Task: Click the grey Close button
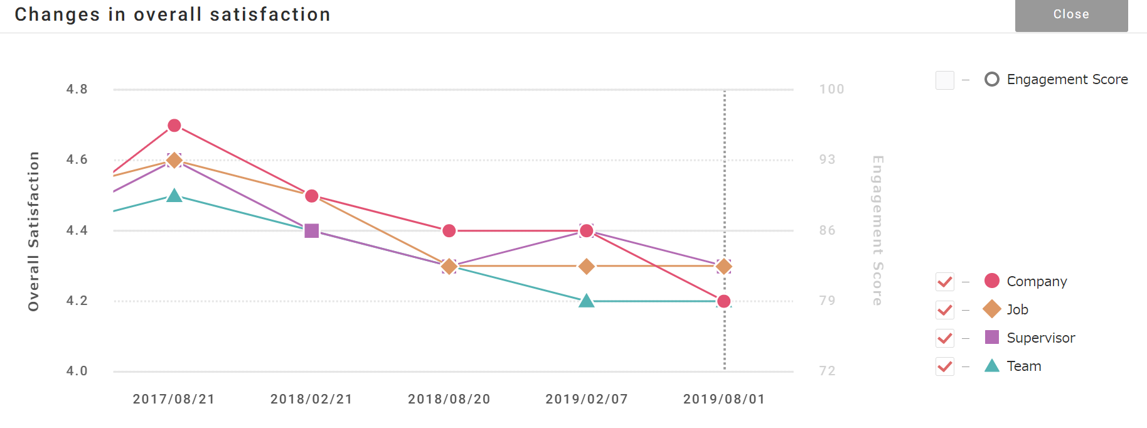[x=1071, y=15]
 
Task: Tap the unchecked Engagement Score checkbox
[x=944, y=80]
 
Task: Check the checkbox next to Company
[x=944, y=282]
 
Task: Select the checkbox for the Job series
[x=944, y=310]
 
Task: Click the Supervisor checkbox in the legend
[x=944, y=338]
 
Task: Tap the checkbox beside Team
[x=944, y=366]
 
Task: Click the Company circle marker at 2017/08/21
[x=174, y=126]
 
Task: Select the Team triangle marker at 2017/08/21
[x=174, y=196]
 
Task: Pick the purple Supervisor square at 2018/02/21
[x=312, y=231]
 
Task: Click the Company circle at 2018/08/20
[x=449, y=231]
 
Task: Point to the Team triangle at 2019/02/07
[x=587, y=301]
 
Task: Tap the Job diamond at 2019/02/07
[x=587, y=267]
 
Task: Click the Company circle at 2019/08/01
[x=724, y=301]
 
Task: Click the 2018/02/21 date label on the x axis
[x=312, y=399]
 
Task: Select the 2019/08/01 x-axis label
[x=724, y=399]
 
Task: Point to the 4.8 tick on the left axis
[x=77, y=89]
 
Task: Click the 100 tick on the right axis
[x=831, y=89]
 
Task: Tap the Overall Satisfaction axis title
[x=33, y=231]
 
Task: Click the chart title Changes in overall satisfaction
[x=173, y=14]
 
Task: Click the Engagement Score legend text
[x=1067, y=80]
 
